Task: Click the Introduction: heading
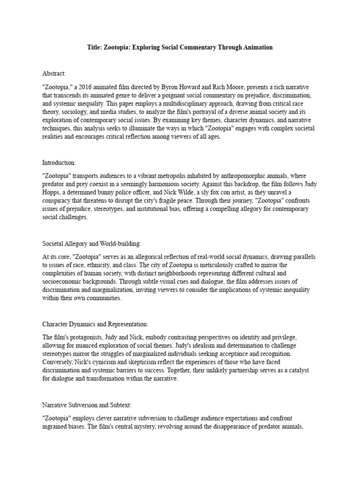pyautogui.click(x=59, y=162)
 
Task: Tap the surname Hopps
pyautogui.click(x=52, y=192)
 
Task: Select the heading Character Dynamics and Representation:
pyautogui.click(x=95, y=324)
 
